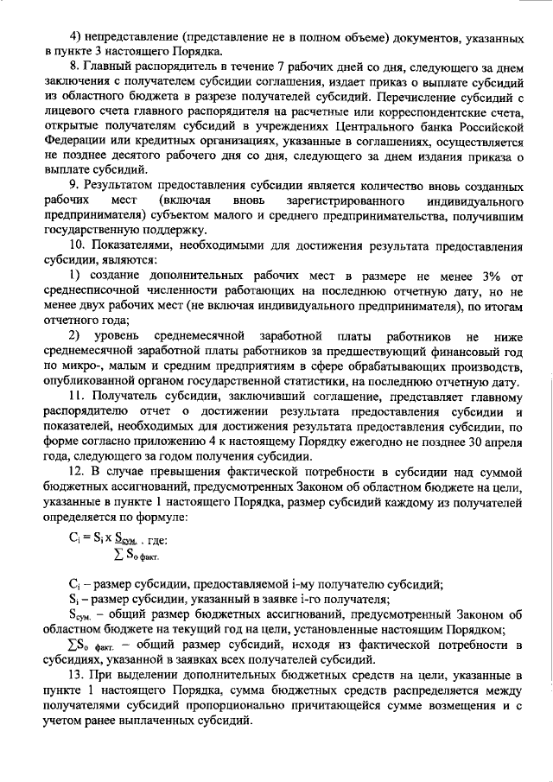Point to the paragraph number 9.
click(x=73, y=188)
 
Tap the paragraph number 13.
click(x=77, y=674)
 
